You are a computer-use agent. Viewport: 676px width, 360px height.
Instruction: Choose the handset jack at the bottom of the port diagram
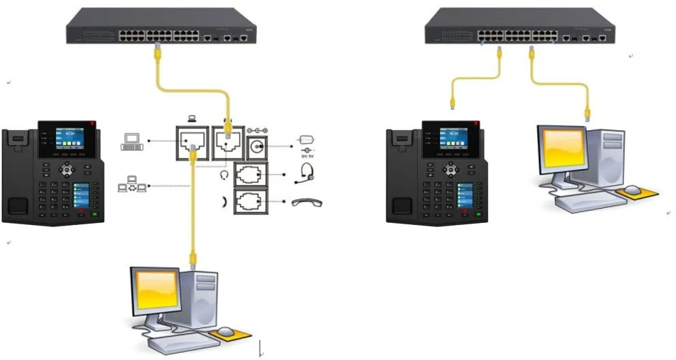click(253, 202)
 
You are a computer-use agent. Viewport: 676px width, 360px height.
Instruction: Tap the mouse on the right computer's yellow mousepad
click(633, 190)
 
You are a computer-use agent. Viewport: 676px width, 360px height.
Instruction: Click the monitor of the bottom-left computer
click(157, 291)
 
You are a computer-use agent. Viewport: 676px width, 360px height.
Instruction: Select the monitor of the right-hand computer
click(564, 149)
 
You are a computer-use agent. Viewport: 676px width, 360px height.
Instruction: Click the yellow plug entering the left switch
click(158, 48)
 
